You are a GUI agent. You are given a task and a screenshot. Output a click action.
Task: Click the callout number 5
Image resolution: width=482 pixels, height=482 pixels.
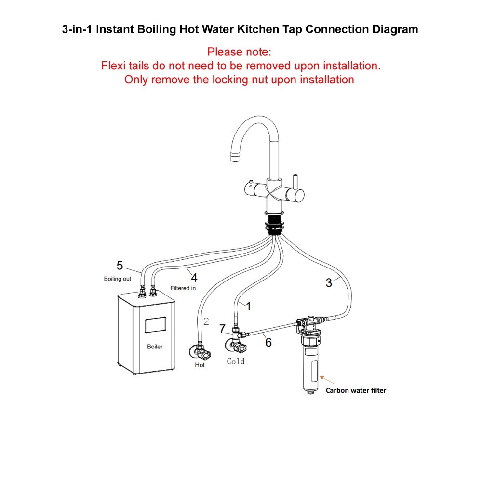120,265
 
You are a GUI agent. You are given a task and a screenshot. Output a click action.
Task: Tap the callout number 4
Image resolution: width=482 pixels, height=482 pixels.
194,278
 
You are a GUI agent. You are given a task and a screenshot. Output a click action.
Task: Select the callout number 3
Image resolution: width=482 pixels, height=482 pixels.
329,283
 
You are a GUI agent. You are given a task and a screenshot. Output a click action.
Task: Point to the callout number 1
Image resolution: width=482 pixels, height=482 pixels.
248,306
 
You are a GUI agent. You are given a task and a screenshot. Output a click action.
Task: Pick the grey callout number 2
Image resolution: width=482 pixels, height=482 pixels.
206,321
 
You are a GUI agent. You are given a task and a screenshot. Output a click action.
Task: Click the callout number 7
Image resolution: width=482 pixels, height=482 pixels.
222,329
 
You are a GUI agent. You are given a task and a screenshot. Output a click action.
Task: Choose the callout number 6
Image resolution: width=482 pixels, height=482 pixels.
268,342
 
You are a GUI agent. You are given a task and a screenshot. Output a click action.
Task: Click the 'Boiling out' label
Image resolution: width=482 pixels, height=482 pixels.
118,279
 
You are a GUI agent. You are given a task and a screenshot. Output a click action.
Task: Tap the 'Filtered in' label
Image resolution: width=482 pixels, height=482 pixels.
183,288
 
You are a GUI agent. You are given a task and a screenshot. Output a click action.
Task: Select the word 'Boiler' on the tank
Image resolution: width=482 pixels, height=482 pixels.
155,347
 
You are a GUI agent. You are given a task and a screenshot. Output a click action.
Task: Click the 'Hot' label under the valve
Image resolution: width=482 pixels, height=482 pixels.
200,365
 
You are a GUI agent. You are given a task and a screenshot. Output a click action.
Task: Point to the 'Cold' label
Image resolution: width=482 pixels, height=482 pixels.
236,361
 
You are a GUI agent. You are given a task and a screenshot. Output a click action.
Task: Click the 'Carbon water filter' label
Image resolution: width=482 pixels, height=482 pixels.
356,390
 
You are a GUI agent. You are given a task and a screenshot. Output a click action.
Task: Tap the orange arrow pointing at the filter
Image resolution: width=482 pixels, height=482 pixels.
327,380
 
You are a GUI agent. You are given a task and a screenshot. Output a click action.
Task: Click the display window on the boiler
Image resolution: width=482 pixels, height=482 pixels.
155,324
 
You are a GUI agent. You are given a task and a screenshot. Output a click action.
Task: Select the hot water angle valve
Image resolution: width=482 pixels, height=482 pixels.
200,352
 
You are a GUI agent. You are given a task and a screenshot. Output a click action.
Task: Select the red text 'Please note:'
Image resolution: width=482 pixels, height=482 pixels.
240,52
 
